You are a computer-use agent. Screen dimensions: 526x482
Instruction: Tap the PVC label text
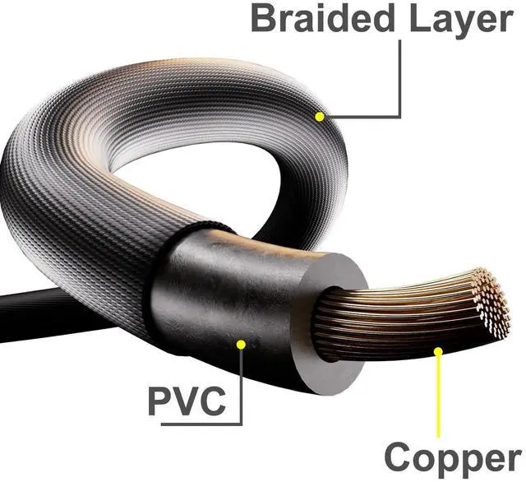pyautogui.click(x=187, y=401)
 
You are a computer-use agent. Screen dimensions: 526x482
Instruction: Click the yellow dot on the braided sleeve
pyautogui.click(x=319, y=117)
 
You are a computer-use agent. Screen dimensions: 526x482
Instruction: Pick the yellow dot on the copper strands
pyautogui.click(x=439, y=352)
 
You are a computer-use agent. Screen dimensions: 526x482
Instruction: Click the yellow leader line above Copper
pyautogui.click(x=439, y=395)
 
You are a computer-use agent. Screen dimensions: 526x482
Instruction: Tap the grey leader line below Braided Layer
pyautogui.click(x=400, y=82)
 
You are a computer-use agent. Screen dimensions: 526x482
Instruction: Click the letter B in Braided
pyautogui.click(x=265, y=18)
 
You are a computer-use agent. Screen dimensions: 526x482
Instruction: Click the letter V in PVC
pyautogui.click(x=187, y=401)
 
